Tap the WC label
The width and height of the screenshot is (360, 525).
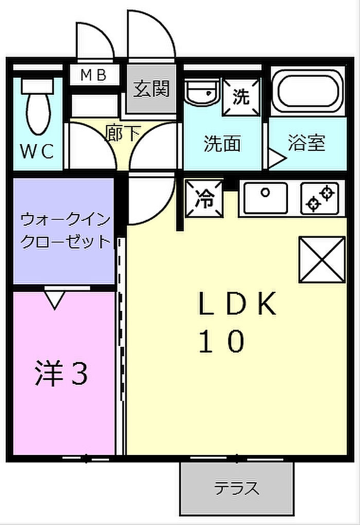click(x=37, y=151)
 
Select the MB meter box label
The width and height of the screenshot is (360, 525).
click(x=94, y=75)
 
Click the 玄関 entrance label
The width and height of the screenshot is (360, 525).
click(x=152, y=89)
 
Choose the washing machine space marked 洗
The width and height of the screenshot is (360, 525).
click(x=241, y=97)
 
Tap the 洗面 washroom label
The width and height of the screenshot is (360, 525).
click(x=223, y=144)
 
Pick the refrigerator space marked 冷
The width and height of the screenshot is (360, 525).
click(x=204, y=198)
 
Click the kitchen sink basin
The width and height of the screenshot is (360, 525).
click(x=266, y=198)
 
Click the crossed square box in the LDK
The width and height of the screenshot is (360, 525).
click(x=322, y=259)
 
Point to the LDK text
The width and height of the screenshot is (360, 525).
click(x=238, y=304)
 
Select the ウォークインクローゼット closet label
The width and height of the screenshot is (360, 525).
click(x=66, y=231)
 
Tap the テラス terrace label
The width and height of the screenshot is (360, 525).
click(x=237, y=488)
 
